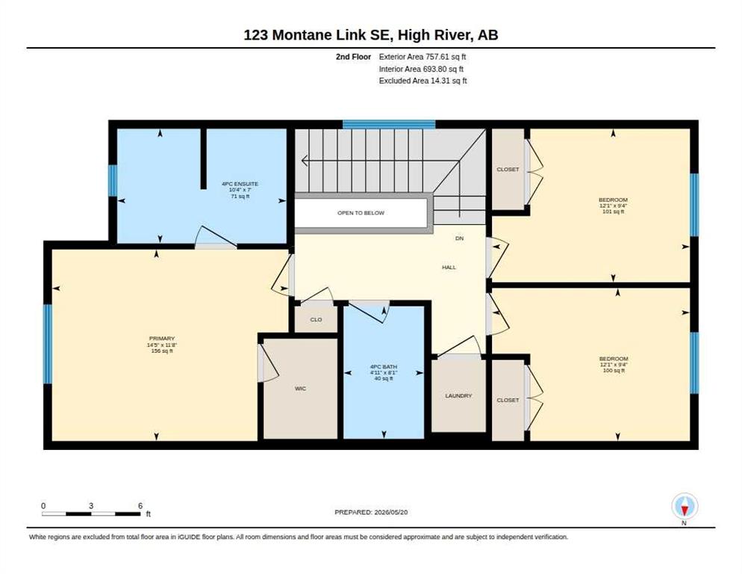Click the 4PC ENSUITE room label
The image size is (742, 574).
tap(240, 184)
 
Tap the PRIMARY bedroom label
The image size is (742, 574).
tap(162, 339)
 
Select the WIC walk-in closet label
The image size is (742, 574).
tap(301, 389)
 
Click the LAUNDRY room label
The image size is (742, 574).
tap(458, 396)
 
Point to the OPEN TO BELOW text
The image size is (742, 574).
tap(361, 213)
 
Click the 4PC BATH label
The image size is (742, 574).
tap(383, 367)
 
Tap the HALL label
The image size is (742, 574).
tap(449, 268)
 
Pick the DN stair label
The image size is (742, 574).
tap(460, 238)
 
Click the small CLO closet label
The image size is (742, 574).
tap(316, 320)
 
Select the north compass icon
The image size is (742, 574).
tap(685, 507)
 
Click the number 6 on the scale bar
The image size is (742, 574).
tap(140, 506)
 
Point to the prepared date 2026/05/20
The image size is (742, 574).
tap(391, 513)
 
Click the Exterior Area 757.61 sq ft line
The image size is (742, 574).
tap(423, 57)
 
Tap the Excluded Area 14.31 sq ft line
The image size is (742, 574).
tap(423, 81)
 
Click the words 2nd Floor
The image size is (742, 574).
tap(354, 57)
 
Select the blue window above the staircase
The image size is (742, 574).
tap(389, 124)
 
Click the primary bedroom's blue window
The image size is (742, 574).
tap(47, 344)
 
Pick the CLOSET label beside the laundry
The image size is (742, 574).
tap(508, 400)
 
